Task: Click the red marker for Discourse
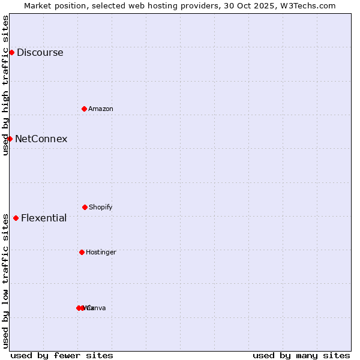(11, 52)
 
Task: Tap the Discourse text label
(40, 52)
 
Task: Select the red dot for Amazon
(84, 109)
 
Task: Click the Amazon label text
(100, 109)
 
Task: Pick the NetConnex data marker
(10, 139)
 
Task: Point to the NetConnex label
(41, 139)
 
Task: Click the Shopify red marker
(85, 207)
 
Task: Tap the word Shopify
(100, 207)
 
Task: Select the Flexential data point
(16, 218)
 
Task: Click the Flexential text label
(44, 218)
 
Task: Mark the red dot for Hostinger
(82, 252)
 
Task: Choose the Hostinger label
(101, 252)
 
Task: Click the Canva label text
(97, 308)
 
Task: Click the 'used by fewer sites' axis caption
(62, 355)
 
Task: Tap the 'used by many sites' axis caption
(301, 355)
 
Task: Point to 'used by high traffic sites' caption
(5, 85)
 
